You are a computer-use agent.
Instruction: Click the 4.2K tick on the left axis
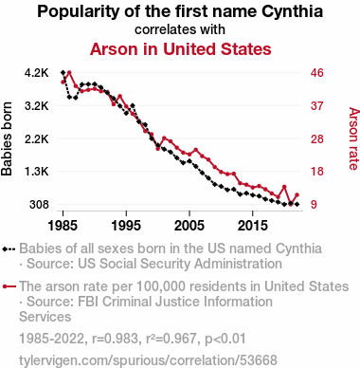click(37, 73)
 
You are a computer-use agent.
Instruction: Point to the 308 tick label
click(40, 205)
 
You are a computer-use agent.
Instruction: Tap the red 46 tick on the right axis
click(317, 73)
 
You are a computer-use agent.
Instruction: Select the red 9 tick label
click(314, 205)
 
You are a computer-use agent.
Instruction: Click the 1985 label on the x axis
click(63, 226)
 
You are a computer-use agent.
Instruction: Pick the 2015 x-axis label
click(253, 226)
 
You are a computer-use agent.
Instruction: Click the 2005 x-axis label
click(189, 226)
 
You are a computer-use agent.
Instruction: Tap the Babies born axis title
click(7, 138)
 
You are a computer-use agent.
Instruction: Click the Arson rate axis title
click(354, 138)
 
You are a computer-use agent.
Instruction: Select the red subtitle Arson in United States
click(181, 49)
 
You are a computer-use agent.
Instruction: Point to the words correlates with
click(180, 29)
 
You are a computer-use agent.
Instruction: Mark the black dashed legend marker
click(9, 248)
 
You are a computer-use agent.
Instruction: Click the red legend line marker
click(9, 286)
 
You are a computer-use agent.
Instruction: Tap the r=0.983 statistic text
click(115, 339)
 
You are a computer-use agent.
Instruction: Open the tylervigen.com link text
click(148, 360)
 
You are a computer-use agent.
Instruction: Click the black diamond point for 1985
click(63, 73)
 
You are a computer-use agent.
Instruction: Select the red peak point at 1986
click(69, 73)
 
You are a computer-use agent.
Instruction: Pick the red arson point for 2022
click(297, 195)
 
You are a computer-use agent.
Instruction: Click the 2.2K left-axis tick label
click(37, 138)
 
